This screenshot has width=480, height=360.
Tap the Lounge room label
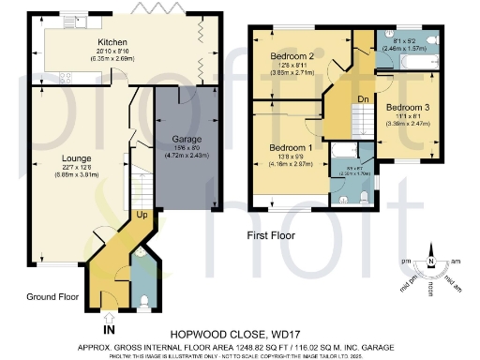(x=64, y=158)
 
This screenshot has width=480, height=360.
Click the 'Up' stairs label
(x=142, y=215)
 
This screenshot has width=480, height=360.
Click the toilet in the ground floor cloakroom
(x=142, y=299)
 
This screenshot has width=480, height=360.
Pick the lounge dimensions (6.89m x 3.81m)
(x=64, y=174)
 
